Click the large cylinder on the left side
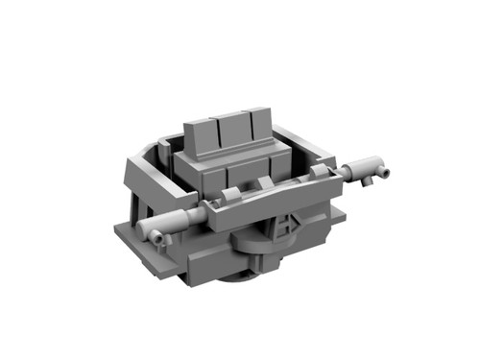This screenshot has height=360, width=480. tap(179, 223)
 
